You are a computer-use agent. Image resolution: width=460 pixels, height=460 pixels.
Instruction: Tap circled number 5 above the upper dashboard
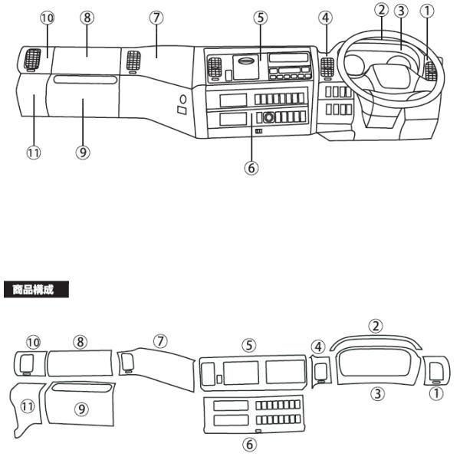point(261,18)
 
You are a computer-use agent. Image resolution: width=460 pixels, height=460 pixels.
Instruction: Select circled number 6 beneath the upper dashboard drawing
point(251,168)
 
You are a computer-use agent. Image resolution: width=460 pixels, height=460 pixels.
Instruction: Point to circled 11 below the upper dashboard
point(34,153)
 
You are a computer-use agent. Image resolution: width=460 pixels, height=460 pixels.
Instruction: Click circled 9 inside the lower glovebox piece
point(82,409)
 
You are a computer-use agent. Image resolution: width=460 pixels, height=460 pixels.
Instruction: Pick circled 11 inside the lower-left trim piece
point(28,406)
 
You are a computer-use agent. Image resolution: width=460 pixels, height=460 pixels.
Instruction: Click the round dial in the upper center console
point(268,117)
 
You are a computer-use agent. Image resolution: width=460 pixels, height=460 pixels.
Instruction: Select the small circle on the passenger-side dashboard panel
point(183,100)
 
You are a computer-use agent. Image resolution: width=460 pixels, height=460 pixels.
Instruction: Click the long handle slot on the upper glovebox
point(85,80)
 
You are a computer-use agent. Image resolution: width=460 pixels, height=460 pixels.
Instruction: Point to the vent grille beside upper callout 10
point(32,58)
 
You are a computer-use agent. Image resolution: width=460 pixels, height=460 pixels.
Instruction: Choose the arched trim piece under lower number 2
point(376,340)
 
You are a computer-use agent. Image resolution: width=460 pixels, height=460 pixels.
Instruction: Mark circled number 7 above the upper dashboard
point(156,18)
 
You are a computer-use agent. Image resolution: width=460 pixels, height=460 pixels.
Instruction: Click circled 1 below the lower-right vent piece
point(436,393)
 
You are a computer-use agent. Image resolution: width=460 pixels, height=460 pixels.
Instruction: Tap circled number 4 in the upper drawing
point(326,18)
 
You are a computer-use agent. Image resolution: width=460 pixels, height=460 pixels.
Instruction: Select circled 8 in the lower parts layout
point(80,342)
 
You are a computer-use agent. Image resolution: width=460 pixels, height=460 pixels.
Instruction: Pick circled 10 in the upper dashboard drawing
point(47,18)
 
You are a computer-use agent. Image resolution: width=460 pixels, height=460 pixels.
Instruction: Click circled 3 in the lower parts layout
point(377,393)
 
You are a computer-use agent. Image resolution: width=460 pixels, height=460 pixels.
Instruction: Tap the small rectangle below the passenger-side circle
point(182,110)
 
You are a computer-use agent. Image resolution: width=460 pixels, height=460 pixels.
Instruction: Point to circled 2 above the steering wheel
point(381,10)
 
